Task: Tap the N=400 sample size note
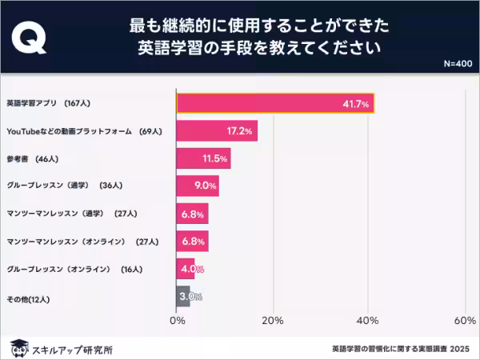[x=458, y=63]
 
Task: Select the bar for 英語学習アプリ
[x=275, y=103]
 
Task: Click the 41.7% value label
[x=354, y=104]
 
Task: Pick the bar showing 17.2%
[x=217, y=131]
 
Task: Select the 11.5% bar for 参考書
[x=203, y=158]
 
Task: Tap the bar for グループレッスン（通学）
[x=198, y=186]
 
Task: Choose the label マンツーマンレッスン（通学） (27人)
[x=72, y=214]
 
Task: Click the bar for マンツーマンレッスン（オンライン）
[x=192, y=241]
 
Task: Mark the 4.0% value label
[x=193, y=269]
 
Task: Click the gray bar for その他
[x=183, y=297]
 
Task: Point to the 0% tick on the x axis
[x=177, y=321]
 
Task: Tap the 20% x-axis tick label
[x=273, y=321]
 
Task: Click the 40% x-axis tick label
[x=369, y=321]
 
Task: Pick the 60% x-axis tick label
[x=465, y=321]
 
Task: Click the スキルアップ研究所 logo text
[x=72, y=349]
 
